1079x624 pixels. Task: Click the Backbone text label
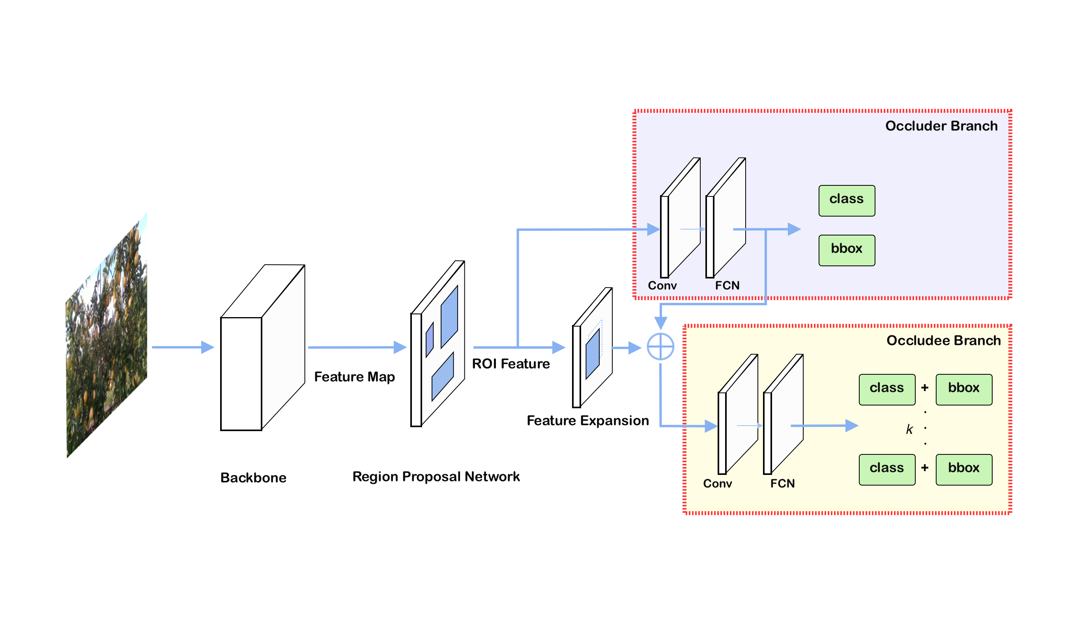pos(253,478)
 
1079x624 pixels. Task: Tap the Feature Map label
pos(354,377)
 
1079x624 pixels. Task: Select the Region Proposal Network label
pos(436,476)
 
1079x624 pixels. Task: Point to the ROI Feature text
pos(511,364)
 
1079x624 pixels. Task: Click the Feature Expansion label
pos(587,421)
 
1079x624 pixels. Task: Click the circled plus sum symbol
pos(660,347)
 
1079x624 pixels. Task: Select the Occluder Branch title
pos(941,126)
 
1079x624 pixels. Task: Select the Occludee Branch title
pos(943,340)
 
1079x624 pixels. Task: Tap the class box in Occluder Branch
pos(847,201)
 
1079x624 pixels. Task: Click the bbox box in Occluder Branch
pos(847,250)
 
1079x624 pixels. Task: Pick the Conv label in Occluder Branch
pos(662,286)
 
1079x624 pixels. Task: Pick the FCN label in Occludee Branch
pos(782,483)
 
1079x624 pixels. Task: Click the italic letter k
pos(909,429)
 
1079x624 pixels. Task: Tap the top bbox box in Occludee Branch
pos(963,389)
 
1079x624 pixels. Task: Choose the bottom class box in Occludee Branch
pos(887,469)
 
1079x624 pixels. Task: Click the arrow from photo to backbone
pos(182,347)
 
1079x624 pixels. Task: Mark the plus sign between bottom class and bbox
pos(925,468)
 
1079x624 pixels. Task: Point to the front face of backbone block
pos(241,374)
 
